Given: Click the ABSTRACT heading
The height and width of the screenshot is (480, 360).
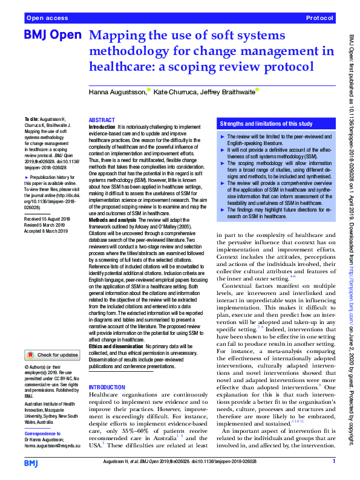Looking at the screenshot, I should click(102, 120).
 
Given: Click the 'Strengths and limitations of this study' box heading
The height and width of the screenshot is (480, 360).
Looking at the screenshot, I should click(266, 124).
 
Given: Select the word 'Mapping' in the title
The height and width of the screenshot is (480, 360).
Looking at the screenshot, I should click(116, 36).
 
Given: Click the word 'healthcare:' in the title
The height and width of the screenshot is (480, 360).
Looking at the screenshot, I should click(123, 66).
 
